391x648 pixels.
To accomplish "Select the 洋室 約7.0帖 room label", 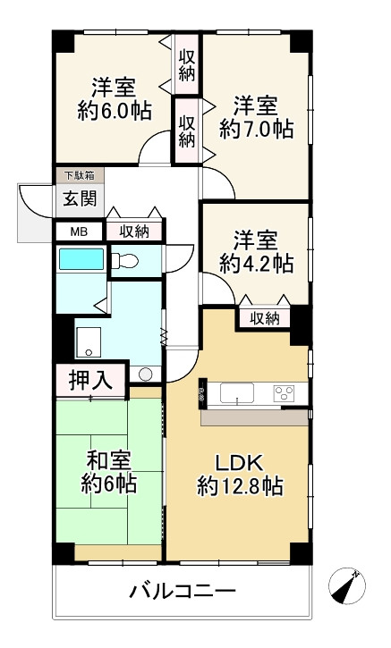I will pyautogui.click(x=257, y=115).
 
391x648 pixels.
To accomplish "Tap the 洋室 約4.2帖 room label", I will pyautogui.click(x=257, y=251).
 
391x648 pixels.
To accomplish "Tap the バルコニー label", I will pyautogui.click(x=183, y=592).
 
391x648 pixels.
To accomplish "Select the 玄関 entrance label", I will pyautogui.click(x=79, y=198).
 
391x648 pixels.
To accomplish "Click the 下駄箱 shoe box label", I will pyautogui.click(x=78, y=175).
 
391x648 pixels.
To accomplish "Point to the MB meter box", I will pyautogui.click(x=79, y=231).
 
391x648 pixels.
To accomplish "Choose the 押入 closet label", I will pyautogui.click(x=91, y=380).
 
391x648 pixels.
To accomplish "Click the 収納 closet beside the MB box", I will pyautogui.click(x=134, y=231).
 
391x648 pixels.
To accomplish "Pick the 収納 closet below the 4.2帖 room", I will pyautogui.click(x=264, y=317).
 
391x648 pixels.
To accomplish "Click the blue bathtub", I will pyautogui.click(x=81, y=260).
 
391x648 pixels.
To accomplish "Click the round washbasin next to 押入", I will pyautogui.click(x=147, y=374).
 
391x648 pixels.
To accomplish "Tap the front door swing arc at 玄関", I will pyautogui.click(x=34, y=203).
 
